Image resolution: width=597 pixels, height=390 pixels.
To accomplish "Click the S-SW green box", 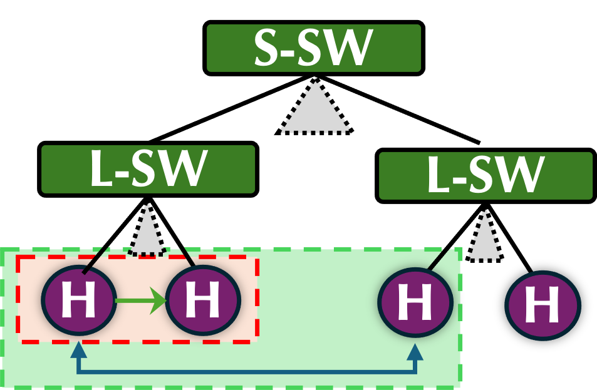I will point(313,48).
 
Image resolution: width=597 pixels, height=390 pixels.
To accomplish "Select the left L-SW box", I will point(148,169).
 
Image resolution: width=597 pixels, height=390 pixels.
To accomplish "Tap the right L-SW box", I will point(485,176).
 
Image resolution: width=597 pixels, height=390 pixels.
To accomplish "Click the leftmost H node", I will point(79,300).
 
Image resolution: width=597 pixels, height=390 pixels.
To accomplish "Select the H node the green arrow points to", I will point(203,300).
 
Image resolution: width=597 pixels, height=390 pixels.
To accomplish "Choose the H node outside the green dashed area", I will point(542,305).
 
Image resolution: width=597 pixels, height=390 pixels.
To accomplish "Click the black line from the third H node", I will point(438,259).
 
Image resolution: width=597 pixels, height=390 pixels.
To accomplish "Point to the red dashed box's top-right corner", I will point(257,257).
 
